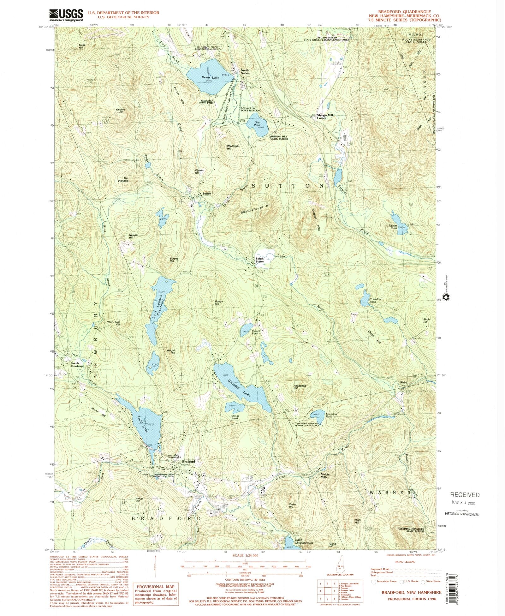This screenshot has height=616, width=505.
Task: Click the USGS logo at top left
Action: tap(66, 15)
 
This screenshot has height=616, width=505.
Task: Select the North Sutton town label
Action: tap(245, 72)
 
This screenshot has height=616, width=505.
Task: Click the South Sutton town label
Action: tap(260, 260)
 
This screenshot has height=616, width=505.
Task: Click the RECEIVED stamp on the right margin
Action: tap(465, 495)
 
